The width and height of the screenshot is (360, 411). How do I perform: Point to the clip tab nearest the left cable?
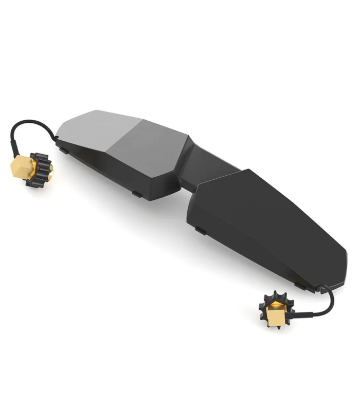tap(62, 150)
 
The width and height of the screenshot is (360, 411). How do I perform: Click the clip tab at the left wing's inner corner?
tap(137, 194)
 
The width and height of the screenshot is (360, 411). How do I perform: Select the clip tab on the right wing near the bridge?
tap(201, 231)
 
